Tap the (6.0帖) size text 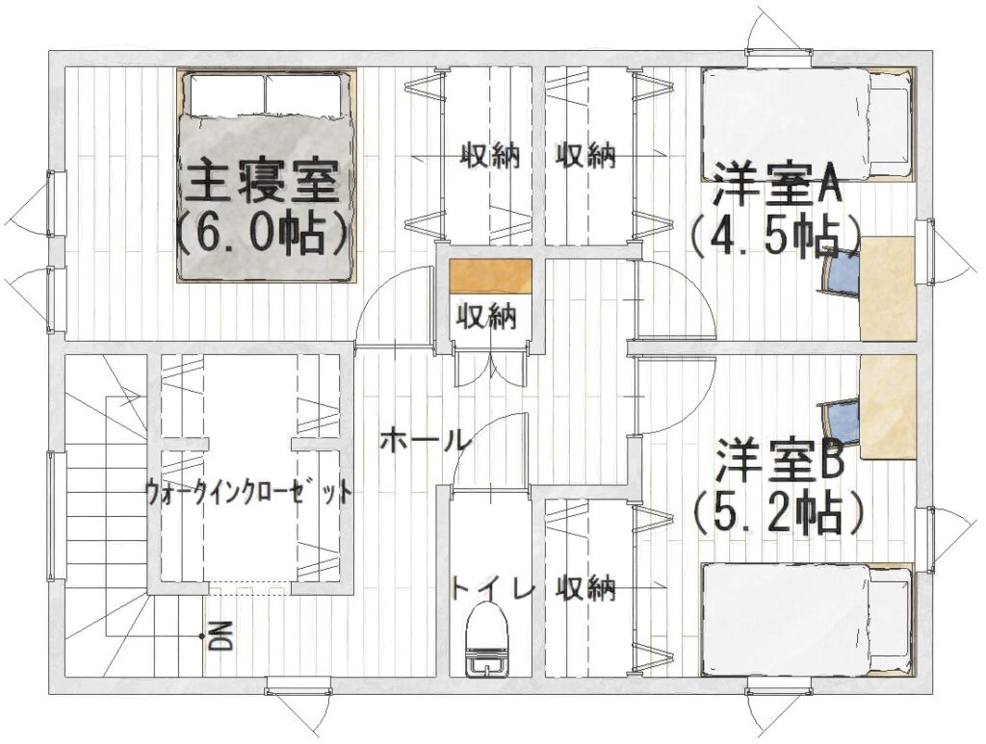click(263, 236)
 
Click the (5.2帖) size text click(777, 513)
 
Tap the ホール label click(426, 440)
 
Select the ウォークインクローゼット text click(249, 489)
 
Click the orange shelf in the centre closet click(490, 276)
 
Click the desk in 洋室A click(887, 289)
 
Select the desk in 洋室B click(887, 406)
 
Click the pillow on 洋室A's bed click(889, 124)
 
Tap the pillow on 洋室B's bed click(889, 619)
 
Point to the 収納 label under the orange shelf click(486, 316)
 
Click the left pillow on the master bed click(225, 94)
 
